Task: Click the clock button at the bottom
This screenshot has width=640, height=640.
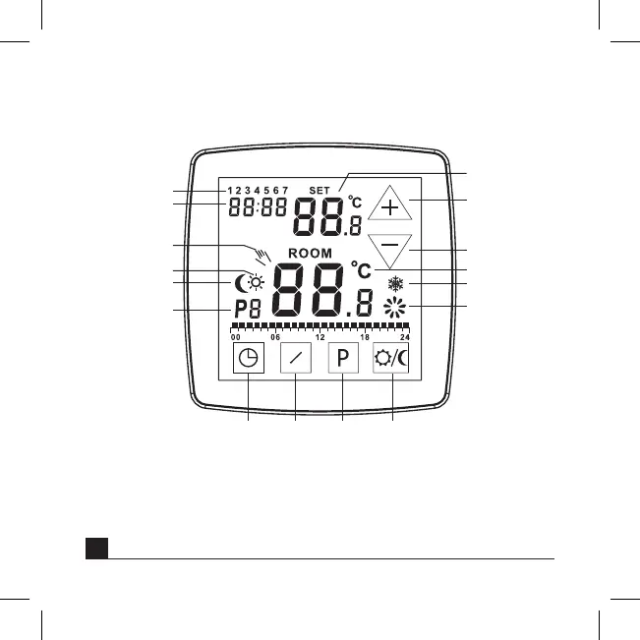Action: tap(249, 359)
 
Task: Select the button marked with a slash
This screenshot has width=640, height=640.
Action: tap(296, 359)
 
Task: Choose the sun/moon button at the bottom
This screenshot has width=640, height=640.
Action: tap(392, 359)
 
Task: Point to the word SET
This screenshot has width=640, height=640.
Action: tap(320, 190)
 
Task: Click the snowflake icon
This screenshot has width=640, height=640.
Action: tap(396, 285)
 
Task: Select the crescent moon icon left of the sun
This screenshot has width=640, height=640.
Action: tap(240, 285)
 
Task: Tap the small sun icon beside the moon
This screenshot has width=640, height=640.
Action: tap(255, 283)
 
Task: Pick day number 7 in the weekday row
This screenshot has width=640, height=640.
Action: tap(285, 191)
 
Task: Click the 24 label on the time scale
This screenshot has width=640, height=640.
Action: tap(405, 336)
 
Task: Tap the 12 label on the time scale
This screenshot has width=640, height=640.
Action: tap(320, 336)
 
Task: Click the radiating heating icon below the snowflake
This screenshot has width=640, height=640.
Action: tap(395, 309)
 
